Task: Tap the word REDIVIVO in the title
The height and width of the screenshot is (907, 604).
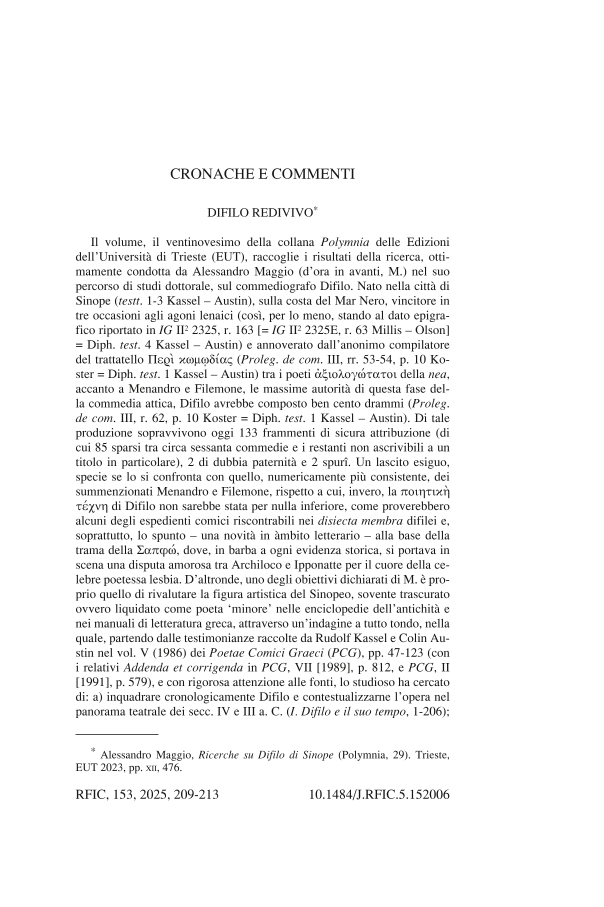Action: (x=283, y=213)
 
